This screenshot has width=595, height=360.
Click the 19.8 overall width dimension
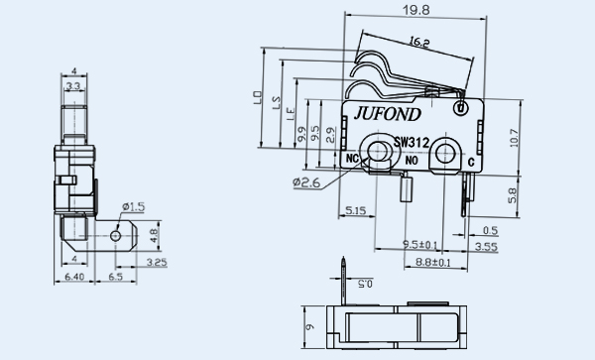tap(416, 10)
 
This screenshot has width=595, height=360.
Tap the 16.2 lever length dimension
tap(418, 42)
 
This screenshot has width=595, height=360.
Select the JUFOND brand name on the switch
tap(387, 114)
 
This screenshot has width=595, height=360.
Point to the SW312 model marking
tap(411, 143)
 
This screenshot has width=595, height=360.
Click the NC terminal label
tap(352, 159)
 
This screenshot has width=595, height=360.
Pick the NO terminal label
tap(412, 161)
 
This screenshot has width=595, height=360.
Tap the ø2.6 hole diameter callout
tap(306, 182)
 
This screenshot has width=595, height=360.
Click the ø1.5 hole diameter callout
tap(134, 206)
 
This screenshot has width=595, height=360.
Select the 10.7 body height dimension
tap(514, 138)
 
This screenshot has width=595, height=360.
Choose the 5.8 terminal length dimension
tap(512, 195)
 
